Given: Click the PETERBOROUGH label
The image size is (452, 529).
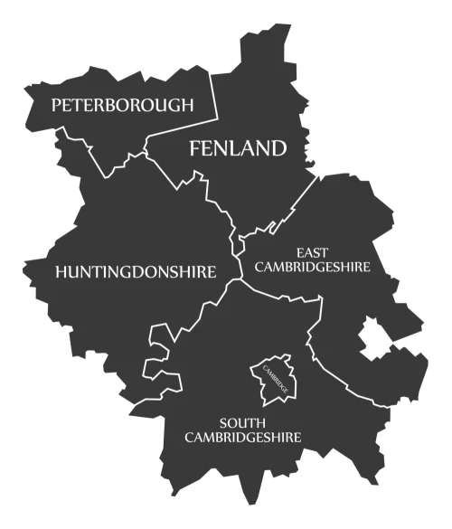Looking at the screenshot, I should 122,106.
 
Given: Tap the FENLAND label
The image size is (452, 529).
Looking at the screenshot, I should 237,149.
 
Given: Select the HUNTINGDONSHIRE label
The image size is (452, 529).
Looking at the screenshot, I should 136,271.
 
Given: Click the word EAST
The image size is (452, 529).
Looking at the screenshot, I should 312,252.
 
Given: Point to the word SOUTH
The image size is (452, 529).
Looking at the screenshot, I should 242,422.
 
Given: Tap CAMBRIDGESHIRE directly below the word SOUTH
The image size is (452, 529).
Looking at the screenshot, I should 242,438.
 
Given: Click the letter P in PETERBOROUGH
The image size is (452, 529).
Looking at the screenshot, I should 56,106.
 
